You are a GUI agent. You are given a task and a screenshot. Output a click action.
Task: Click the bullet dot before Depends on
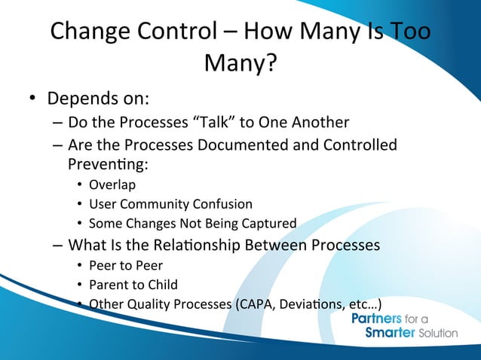point(34,101)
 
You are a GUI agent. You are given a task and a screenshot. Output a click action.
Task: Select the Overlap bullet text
point(112,184)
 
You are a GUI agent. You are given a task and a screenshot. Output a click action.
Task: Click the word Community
point(153,203)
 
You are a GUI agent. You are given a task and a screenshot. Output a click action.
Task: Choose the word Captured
point(268,223)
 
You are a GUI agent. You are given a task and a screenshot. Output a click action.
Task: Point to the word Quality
point(143,305)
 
